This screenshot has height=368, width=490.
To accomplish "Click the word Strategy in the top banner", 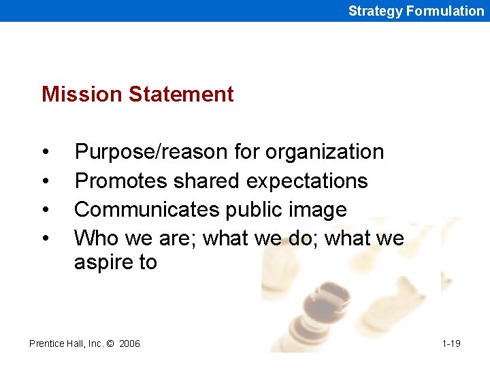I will coord(375,11).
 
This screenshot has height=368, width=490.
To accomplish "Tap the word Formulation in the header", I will coord(444,11).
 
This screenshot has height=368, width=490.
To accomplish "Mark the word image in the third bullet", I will coord(319,210).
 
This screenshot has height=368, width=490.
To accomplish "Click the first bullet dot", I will coord(44,152).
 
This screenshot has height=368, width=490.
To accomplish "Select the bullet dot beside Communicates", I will coord(44,210).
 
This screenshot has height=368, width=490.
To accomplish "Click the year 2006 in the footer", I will coord(129,343).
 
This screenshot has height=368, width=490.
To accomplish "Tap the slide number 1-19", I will coord(451,343).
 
